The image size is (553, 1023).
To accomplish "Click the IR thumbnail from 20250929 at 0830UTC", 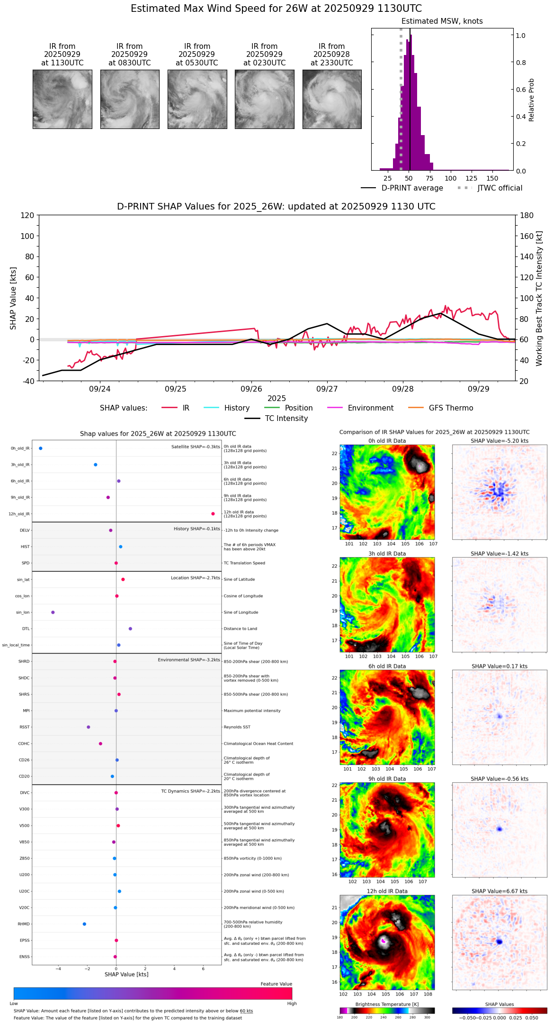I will [130, 99].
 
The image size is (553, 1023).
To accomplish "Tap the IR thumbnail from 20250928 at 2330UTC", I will [332, 99].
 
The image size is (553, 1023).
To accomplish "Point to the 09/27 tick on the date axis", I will [327, 389].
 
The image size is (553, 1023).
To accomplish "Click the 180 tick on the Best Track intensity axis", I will [527, 216].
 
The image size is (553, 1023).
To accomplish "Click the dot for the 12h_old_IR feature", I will [213, 514].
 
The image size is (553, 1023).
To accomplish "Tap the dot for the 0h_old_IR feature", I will [41, 448].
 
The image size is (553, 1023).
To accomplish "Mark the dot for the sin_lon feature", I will [53, 612].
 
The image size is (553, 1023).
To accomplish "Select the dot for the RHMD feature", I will [84, 924].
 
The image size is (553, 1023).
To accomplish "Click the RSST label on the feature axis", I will [25, 727].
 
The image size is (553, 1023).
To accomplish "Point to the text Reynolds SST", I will [237, 727].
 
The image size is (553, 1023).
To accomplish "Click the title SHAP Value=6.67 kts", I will [499, 891].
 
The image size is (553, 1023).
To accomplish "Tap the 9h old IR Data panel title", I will [387, 779].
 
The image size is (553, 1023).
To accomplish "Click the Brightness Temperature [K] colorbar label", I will [387, 1004].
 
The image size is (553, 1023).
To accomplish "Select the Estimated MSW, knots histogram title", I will [442, 21].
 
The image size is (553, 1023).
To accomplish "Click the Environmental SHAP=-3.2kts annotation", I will [189, 660].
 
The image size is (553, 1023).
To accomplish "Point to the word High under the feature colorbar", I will [292, 1004].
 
